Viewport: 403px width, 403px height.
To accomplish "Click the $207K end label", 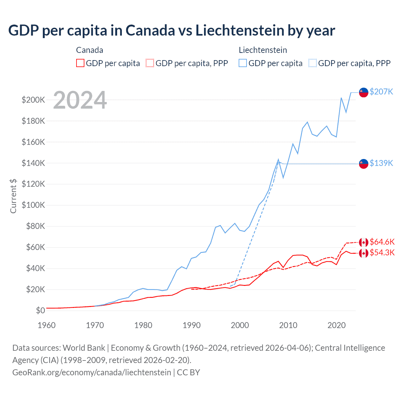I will pos(381,92).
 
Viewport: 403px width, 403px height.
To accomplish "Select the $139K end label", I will pos(381,163).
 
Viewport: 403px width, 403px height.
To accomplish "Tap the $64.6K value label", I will pos(382,242).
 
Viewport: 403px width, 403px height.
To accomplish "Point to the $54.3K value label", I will pos(382,253).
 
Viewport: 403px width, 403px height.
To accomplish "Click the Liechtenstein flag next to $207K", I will pos(364,92).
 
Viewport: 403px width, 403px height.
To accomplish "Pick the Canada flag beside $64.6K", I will pos(364,242).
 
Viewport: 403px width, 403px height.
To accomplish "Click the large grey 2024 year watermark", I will pos(80,100).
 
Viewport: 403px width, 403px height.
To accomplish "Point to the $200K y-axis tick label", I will pos(33,100).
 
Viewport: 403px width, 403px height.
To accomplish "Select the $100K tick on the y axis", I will pos(33,205).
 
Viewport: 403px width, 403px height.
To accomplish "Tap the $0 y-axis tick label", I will pos(40,310).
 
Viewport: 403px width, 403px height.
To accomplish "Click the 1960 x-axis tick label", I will pos(47,325).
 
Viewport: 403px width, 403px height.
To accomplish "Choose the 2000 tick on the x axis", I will pos(240,325).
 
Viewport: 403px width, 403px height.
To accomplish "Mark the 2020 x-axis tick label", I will pos(337,325).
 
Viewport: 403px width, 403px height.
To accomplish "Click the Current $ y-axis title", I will pos(13,196).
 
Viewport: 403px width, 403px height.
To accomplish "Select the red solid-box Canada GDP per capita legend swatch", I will pos(80,63).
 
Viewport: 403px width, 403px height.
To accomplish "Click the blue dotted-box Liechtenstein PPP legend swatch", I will pos(313,63).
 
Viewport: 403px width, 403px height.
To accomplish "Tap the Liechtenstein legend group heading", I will pos(263,50).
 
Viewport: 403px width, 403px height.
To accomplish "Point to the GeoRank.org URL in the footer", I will pos(91,372).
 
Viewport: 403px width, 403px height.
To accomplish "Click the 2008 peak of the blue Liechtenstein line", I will pos(278,160).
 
